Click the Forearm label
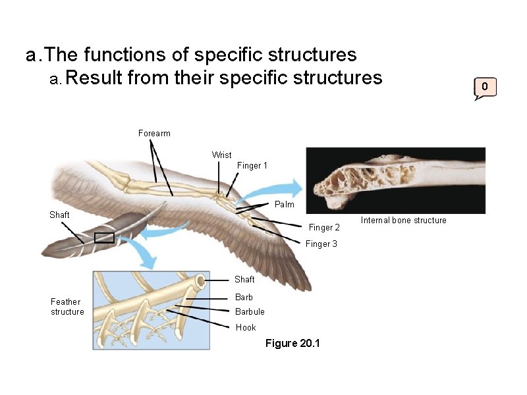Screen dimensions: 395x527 (x=154, y=134)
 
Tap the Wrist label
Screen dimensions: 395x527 (x=221, y=155)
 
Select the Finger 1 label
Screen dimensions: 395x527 (x=252, y=166)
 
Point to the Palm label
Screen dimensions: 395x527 (x=284, y=205)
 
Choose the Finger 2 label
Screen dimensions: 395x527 (x=324, y=228)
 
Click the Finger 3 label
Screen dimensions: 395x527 (x=321, y=244)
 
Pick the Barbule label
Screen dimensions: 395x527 (x=250, y=312)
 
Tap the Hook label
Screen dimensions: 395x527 (x=246, y=328)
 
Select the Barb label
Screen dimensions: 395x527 (x=244, y=298)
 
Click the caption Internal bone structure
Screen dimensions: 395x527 (x=403, y=221)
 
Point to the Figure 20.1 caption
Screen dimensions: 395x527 (x=292, y=344)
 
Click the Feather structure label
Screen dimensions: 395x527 (x=67, y=307)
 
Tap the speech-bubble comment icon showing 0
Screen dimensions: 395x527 (x=485, y=87)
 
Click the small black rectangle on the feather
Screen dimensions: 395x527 (x=104, y=238)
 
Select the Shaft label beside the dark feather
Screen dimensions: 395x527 (x=59, y=215)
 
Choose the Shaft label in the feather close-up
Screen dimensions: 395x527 (x=244, y=280)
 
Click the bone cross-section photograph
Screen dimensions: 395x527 (x=396, y=180)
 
